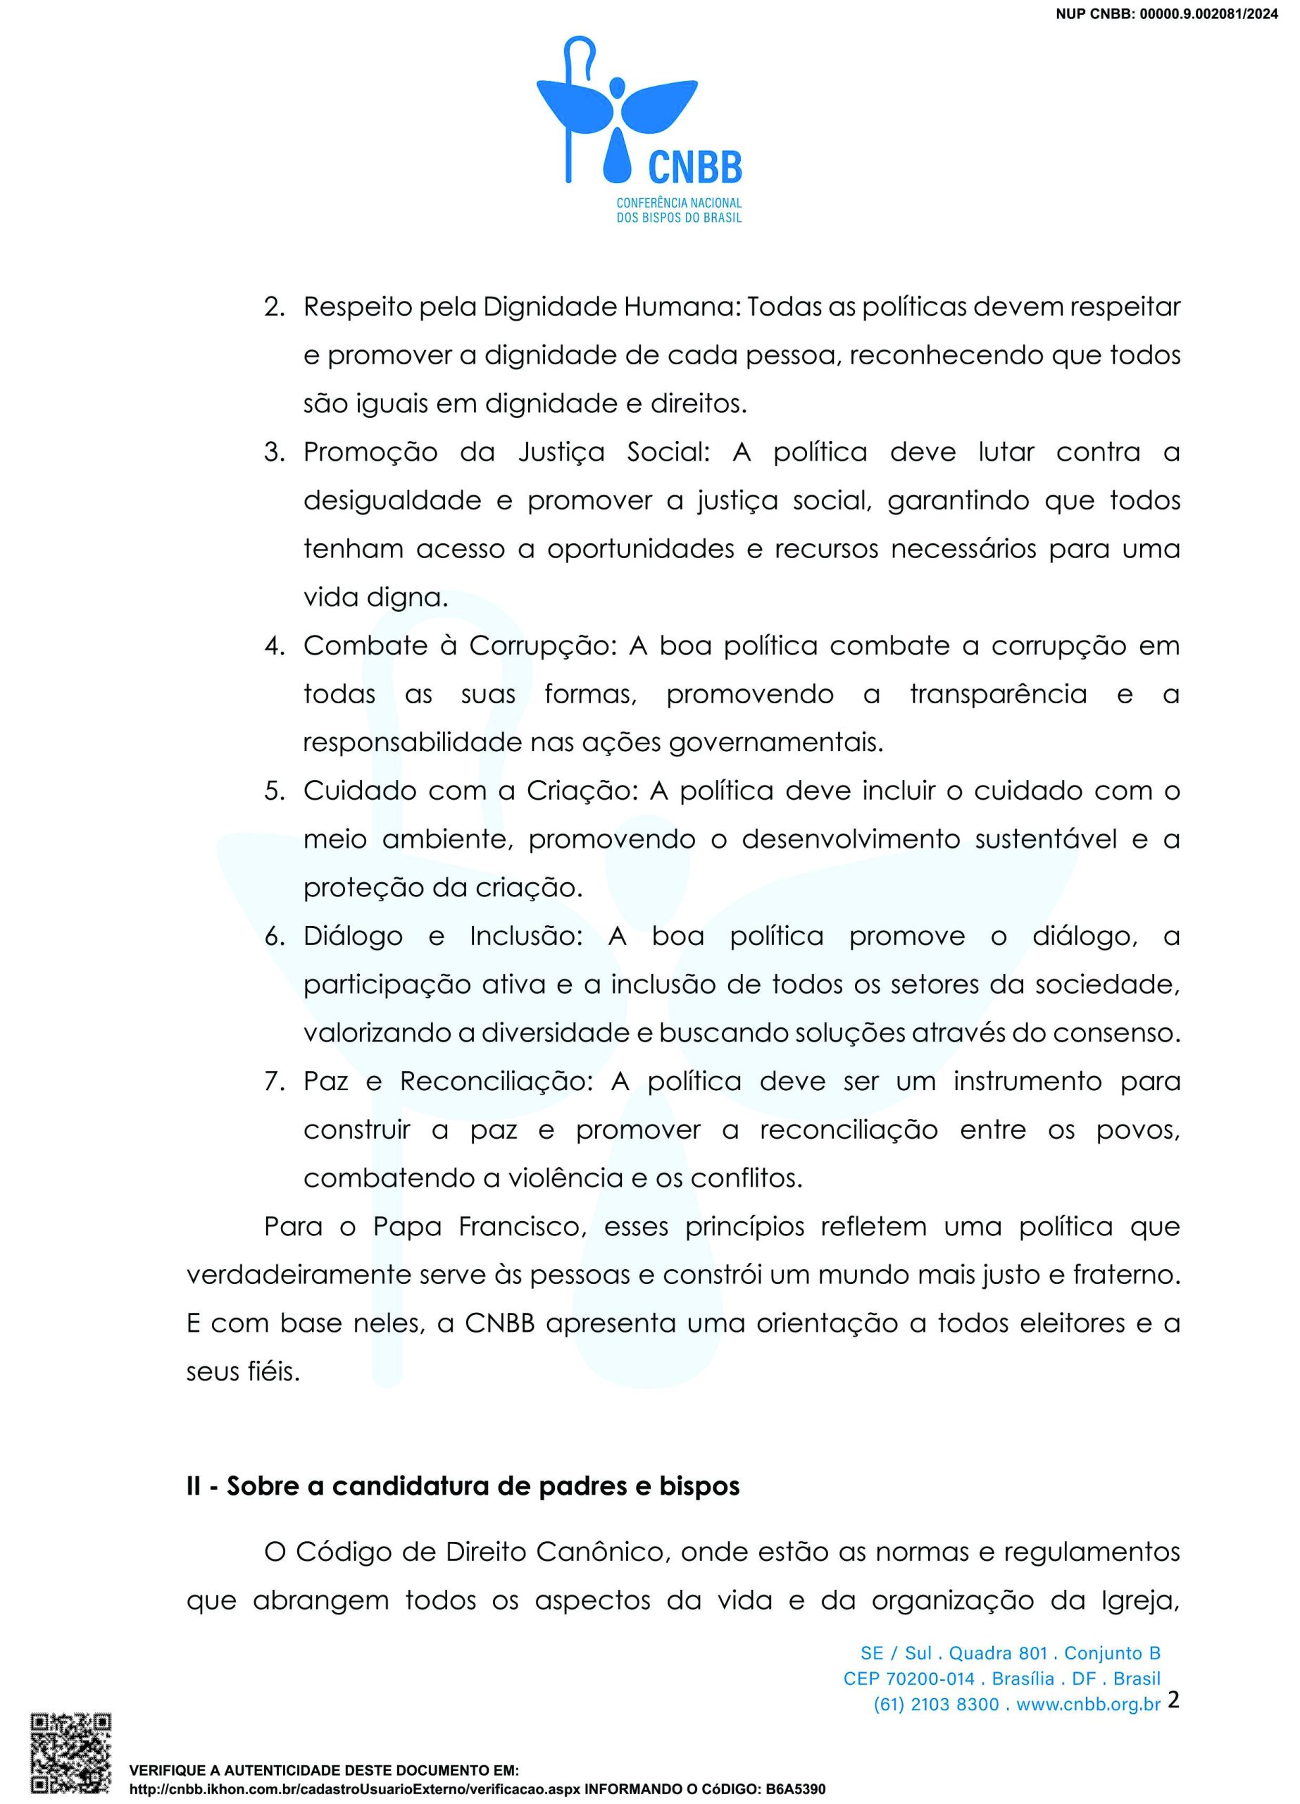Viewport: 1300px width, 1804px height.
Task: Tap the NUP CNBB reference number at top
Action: pos(1166,13)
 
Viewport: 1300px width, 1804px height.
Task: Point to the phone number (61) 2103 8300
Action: pos(936,1704)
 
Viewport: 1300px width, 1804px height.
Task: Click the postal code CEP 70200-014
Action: pos(909,1679)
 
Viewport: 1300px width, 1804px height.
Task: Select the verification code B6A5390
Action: pos(795,1790)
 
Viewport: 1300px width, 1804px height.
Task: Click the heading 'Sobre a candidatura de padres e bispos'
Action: pos(482,1486)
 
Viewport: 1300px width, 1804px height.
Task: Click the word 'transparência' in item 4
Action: pos(998,694)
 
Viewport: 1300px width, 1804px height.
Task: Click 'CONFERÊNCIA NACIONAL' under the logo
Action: pos(679,203)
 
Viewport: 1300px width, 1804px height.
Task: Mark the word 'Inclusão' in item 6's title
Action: pos(526,937)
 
